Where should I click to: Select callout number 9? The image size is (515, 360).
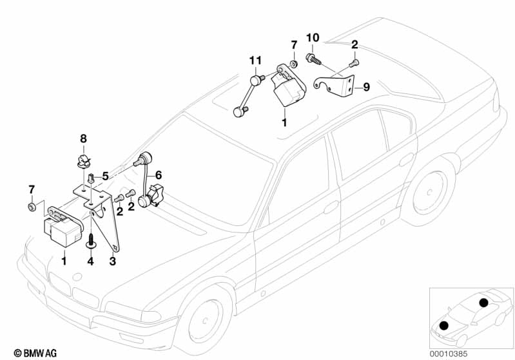365,87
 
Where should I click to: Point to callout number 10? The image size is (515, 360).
313,38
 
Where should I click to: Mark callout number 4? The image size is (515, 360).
91,261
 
